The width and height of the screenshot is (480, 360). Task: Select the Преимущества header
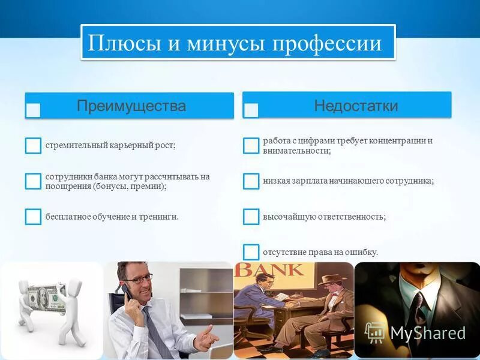(x=131, y=106)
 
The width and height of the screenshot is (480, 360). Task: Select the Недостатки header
(x=356, y=106)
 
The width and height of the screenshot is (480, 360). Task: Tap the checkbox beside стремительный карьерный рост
(x=33, y=145)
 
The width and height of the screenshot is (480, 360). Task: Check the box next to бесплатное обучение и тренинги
(x=33, y=217)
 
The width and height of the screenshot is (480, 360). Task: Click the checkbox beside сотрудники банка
(x=33, y=181)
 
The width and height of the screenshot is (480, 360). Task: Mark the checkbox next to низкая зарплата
(x=251, y=181)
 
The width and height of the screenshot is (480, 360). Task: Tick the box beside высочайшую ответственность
(x=251, y=217)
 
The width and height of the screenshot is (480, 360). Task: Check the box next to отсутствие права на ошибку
(x=251, y=252)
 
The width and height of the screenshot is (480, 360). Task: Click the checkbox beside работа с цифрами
(x=251, y=145)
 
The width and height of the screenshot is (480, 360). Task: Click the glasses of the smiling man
(x=139, y=278)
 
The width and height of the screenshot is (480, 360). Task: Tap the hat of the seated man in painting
(x=329, y=278)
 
